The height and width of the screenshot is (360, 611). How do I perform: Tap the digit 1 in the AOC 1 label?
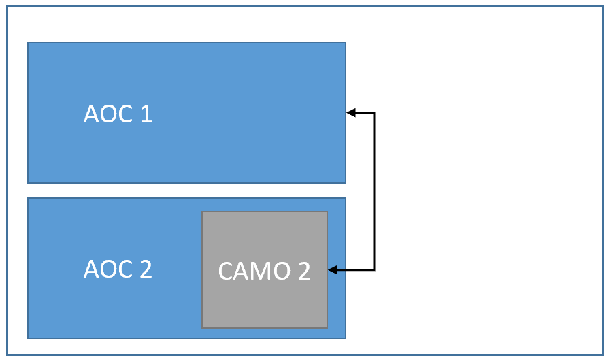pyautogui.click(x=146, y=114)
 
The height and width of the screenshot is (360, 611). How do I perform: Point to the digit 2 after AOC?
pyautogui.click(x=145, y=269)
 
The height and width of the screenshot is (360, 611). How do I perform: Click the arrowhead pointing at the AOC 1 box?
pyautogui.click(x=350, y=113)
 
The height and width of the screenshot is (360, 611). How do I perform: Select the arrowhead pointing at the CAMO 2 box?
pyautogui.click(x=333, y=270)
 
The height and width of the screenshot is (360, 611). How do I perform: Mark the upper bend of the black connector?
pyautogui.click(x=374, y=113)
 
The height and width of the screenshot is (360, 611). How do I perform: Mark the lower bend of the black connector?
pyautogui.click(x=374, y=270)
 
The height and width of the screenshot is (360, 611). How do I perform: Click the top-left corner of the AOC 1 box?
pyautogui.click(x=28, y=42)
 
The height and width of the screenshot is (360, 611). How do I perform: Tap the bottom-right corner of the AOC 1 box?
pyautogui.click(x=346, y=182)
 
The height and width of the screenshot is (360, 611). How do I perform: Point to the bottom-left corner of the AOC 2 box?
pyautogui.click(x=28, y=338)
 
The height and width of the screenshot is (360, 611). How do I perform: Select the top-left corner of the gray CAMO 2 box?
pyautogui.click(x=202, y=212)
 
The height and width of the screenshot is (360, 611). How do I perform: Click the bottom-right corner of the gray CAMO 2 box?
pyautogui.click(x=327, y=327)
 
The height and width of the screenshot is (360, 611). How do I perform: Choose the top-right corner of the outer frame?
pyautogui.click(x=603, y=6)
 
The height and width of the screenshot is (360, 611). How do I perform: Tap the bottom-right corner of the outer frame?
pyautogui.click(x=603, y=354)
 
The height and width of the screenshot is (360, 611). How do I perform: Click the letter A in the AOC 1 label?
pyautogui.click(x=91, y=114)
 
